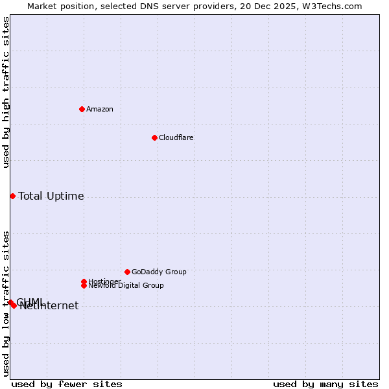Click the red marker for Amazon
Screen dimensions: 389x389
pyautogui.click(x=82, y=109)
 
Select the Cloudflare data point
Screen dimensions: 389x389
pyautogui.click(x=154, y=137)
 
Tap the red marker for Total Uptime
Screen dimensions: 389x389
pyautogui.click(x=12, y=196)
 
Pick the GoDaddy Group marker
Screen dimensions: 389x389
pyautogui.click(x=127, y=272)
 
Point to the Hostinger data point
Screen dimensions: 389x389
pyautogui.click(x=84, y=281)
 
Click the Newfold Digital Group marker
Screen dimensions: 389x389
pyautogui.click(x=84, y=285)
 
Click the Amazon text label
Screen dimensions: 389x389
pyautogui.click(x=100, y=109)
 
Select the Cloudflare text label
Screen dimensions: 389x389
pyautogui.click(x=176, y=137)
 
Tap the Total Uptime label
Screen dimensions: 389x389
pyautogui.click(x=51, y=196)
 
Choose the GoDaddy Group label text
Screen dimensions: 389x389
pyautogui.click(x=159, y=272)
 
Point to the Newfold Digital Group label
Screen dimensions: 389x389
pyautogui.click(x=126, y=285)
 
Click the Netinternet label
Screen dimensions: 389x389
pyautogui.click(x=49, y=306)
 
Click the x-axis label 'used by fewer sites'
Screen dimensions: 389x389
pyautogui.click(x=67, y=384)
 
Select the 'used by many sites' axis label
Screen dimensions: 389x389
pyautogui.click(x=325, y=384)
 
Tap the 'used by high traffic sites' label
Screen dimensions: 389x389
pyautogui.click(x=6, y=92)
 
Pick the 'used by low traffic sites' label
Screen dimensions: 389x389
pyautogui.click(x=6, y=303)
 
